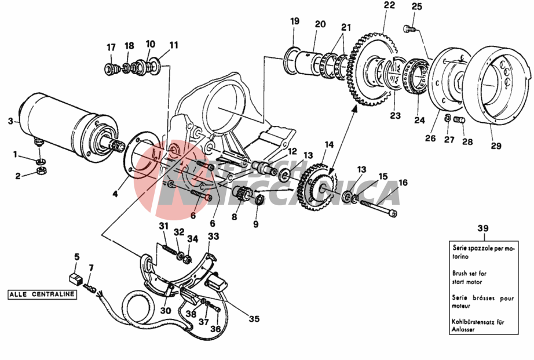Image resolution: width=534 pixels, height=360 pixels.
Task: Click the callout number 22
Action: pyautogui.click(x=389, y=6)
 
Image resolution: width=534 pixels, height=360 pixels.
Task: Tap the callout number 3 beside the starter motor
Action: pyautogui.click(x=10, y=121)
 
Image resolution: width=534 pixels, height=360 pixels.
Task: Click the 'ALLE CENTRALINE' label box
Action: pyautogui.click(x=42, y=294)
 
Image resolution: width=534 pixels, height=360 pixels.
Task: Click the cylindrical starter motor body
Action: pyautogui.click(x=55, y=119)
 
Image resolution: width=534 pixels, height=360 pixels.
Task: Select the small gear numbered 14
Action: pyautogui.click(x=315, y=188)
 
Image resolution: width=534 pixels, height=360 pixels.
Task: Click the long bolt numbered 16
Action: pyautogui.click(x=379, y=205)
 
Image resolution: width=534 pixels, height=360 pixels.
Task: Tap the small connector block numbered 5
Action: pyautogui.click(x=75, y=277)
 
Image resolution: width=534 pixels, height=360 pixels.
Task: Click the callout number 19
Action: pyautogui.click(x=295, y=21)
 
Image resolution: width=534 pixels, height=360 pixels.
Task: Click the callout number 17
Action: pyautogui.click(x=111, y=48)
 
